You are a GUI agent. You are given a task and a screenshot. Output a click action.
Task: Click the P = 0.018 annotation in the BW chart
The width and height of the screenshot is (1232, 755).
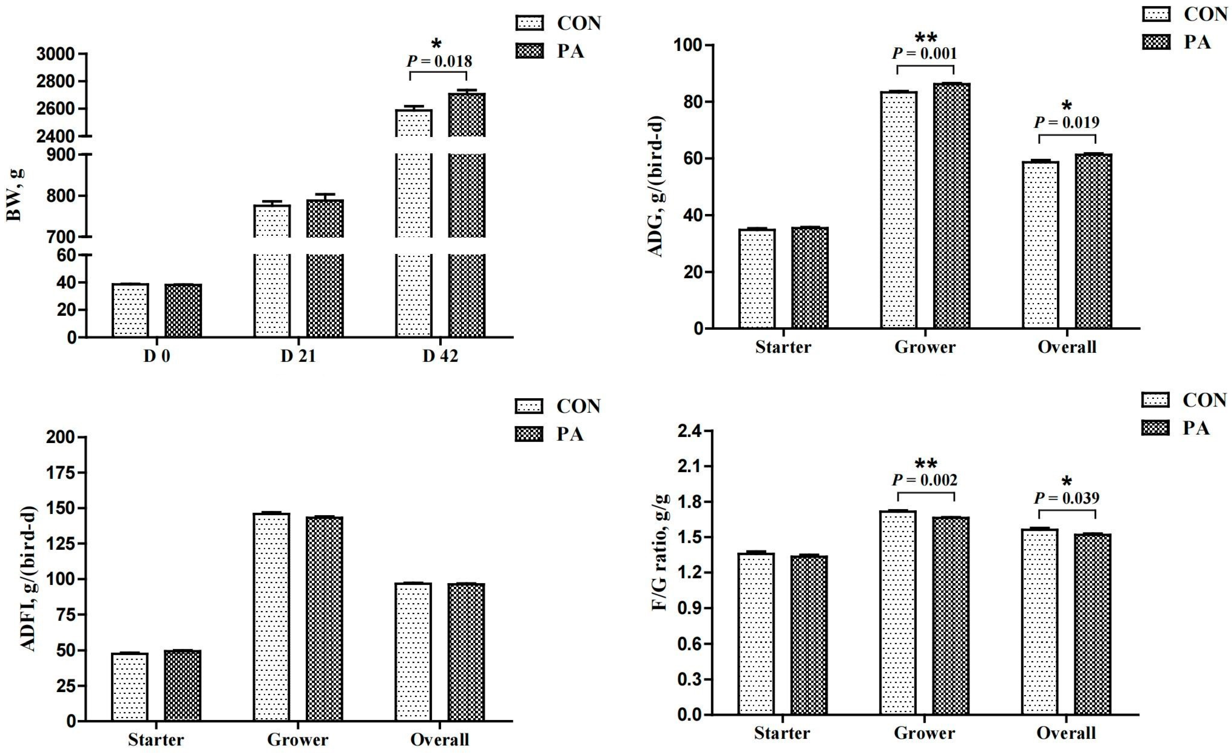pos(439,61)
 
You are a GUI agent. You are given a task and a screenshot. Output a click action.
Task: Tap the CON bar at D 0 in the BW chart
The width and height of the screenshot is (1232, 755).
pos(131,310)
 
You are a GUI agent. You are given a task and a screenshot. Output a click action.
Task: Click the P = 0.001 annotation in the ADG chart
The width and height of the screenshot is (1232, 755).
pos(925,53)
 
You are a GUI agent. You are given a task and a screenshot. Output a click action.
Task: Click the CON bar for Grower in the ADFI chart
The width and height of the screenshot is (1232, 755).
pos(272,617)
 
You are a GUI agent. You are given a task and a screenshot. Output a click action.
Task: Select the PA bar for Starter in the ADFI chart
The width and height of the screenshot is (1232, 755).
pos(182,686)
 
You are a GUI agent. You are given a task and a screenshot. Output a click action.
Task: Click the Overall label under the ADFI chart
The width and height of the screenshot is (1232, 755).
pos(440,740)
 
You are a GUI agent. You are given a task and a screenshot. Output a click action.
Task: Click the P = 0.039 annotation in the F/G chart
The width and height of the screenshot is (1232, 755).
pos(1066,498)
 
